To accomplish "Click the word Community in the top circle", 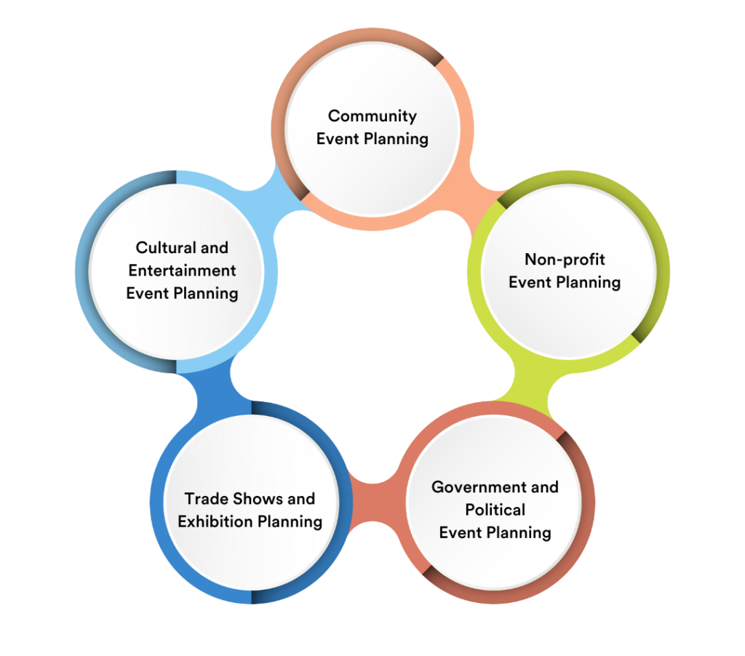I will coord(372,116).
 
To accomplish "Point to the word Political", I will coord(495,509).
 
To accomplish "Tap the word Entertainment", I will coord(182,271).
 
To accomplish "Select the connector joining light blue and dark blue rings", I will coord(211,385).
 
